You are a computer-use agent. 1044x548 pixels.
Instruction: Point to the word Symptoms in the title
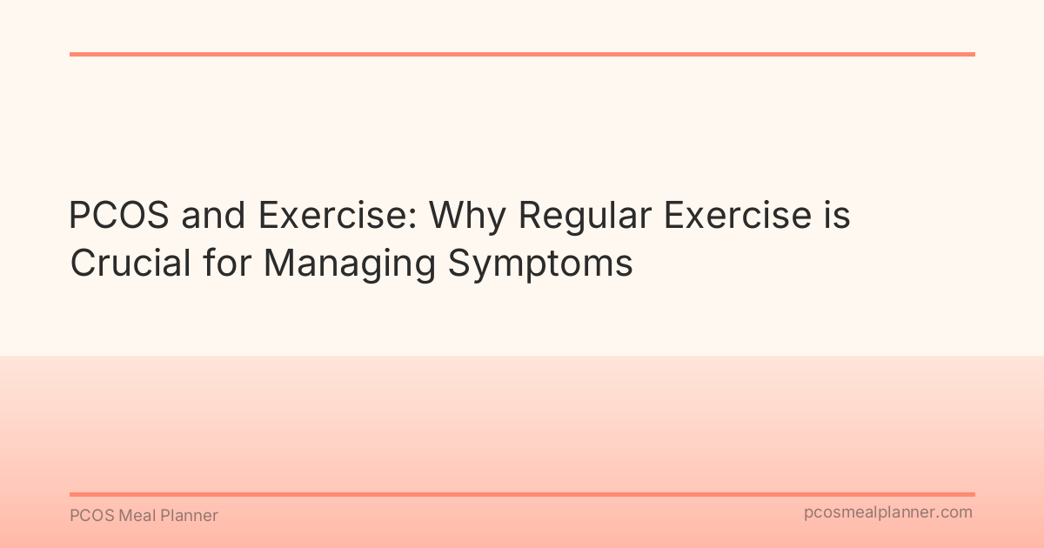(540, 264)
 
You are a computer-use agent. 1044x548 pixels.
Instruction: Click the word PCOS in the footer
(90, 516)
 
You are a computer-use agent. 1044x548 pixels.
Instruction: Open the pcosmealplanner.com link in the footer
(887, 513)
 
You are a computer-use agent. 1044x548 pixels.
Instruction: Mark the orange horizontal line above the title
(522, 54)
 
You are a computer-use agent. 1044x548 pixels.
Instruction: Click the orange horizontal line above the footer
(522, 494)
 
